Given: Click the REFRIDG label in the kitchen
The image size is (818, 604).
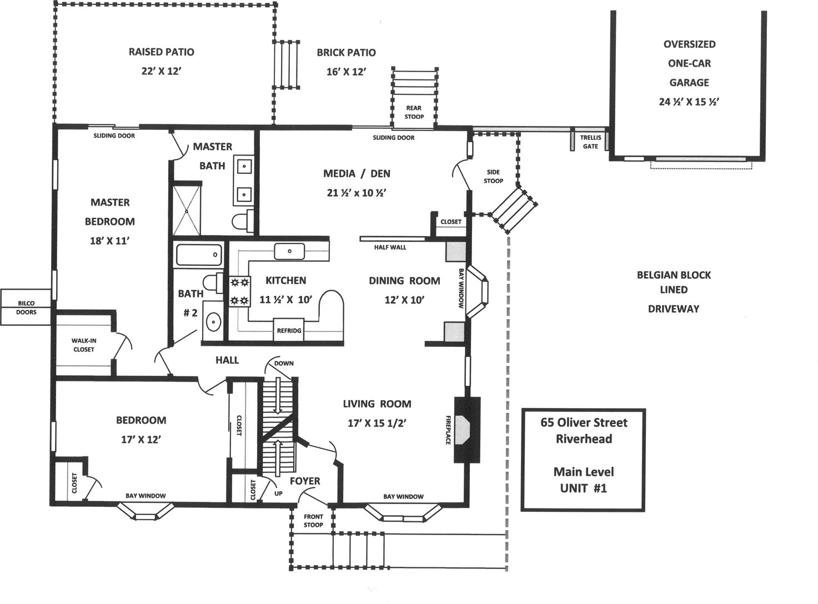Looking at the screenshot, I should pos(289,331).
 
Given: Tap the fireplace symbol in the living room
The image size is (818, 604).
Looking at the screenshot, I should pos(466,430).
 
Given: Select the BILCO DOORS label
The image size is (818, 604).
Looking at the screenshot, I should pos(26,308).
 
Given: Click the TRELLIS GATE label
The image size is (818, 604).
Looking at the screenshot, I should pos(590,142).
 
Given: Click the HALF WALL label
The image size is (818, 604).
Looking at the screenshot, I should pos(390,247).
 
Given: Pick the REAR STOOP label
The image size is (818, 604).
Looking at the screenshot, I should pos(414,112).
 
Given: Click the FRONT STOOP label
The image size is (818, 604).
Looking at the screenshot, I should pos(313,521).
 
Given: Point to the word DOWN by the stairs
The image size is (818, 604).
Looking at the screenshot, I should pos(284,364).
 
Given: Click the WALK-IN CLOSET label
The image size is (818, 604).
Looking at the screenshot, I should pos(83,345).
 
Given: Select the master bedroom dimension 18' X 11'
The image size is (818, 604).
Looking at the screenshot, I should pos(109,241).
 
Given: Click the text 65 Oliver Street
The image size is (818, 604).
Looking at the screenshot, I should pos(584,422).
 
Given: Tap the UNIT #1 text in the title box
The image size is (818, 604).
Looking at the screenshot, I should pos(584,488).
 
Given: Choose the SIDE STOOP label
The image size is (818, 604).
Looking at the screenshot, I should pos(493,177).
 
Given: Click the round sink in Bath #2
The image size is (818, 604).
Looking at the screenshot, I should pos(213,321).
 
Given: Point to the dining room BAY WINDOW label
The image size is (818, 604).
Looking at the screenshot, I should pos(461,289).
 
